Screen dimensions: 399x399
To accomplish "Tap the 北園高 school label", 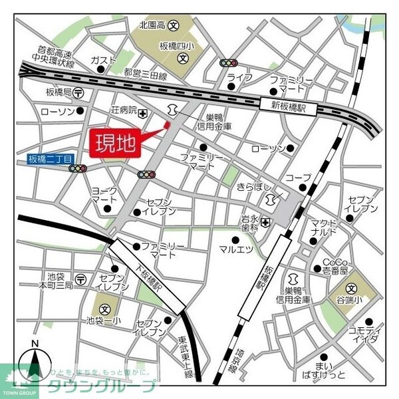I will click(x=152, y=25).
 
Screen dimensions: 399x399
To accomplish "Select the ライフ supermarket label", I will click(x=239, y=78).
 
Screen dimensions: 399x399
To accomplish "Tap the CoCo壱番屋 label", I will click(x=336, y=266).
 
